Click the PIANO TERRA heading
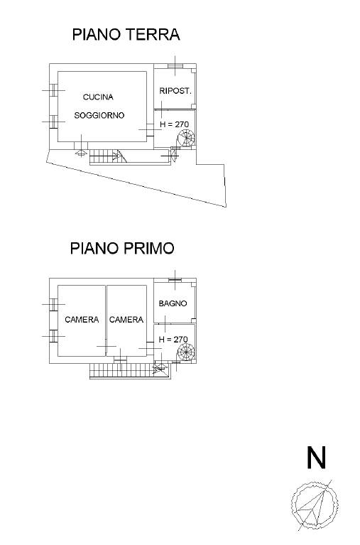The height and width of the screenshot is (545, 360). (x=126, y=34)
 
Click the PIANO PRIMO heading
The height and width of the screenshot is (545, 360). (x=122, y=248)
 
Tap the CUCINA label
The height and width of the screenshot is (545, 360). (x=98, y=97)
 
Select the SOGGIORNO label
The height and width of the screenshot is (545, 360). (x=99, y=115)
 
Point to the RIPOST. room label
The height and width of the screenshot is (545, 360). (x=175, y=91)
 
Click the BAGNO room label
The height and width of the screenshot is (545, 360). (x=173, y=303)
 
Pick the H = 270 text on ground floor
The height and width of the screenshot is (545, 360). (x=174, y=124)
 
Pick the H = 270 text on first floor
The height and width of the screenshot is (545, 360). (x=173, y=339)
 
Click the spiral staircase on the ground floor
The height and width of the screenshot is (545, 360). (x=186, y=138)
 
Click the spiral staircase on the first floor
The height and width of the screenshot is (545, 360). (x=186, y=352)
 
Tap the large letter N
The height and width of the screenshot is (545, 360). (x=316, y=457)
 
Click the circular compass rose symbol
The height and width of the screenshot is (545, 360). (x=315, y=505)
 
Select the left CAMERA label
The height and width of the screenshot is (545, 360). (x=82, y=320)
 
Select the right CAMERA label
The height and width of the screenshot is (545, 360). (x=126, y=320)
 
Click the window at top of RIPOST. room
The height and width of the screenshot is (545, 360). (x=175, y=66)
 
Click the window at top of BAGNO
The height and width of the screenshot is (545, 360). (x=175, y=280)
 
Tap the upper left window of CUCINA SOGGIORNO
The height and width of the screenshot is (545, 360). (x=53, y=90)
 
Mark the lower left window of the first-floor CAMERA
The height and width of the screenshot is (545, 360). (x=53, y=336)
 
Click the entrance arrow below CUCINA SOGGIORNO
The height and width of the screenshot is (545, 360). (x=81, y=153)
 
